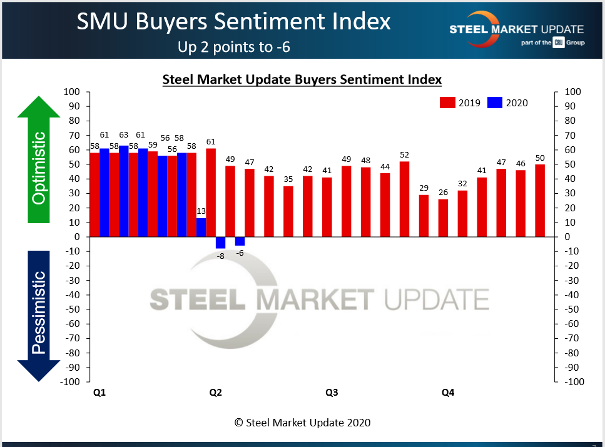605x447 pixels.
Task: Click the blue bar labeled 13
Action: [201, 228]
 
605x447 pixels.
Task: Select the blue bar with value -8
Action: [220, 243]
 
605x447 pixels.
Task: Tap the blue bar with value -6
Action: [240, 241]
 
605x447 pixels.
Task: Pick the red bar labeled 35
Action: [288, 211]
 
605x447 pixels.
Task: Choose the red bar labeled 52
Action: [404, 199]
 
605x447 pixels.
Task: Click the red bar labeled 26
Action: [443, 218]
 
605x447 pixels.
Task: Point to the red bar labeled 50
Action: [540, 201]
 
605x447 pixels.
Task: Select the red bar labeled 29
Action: [424, 216]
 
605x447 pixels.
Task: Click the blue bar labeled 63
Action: [123, 191]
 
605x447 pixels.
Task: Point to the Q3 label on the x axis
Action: [332, 393]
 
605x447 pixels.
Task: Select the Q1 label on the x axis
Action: [99, 393]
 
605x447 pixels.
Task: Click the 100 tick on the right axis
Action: [572, 93]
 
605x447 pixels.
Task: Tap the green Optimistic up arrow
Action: [39, 159]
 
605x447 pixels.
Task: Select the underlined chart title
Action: [302, 79]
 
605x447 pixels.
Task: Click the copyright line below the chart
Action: [302, 423]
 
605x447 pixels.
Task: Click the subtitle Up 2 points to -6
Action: [234, 47]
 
